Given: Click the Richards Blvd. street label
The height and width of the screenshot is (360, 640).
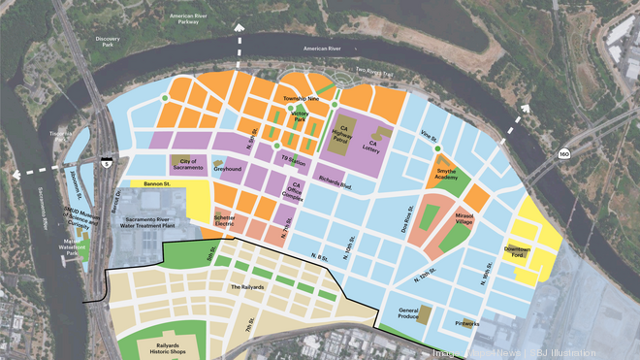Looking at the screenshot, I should (332, 181).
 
